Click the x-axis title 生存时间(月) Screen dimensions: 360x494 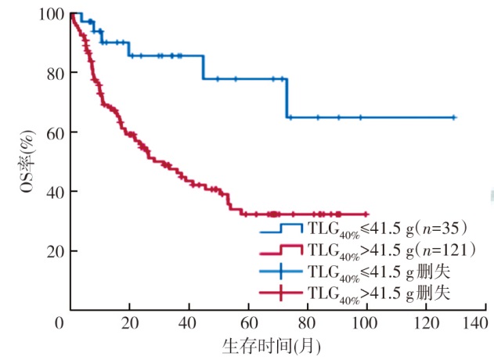pos(270,344)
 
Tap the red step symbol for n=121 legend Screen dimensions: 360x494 pos(281,250)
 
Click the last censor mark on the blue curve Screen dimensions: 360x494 pos(454,117)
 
